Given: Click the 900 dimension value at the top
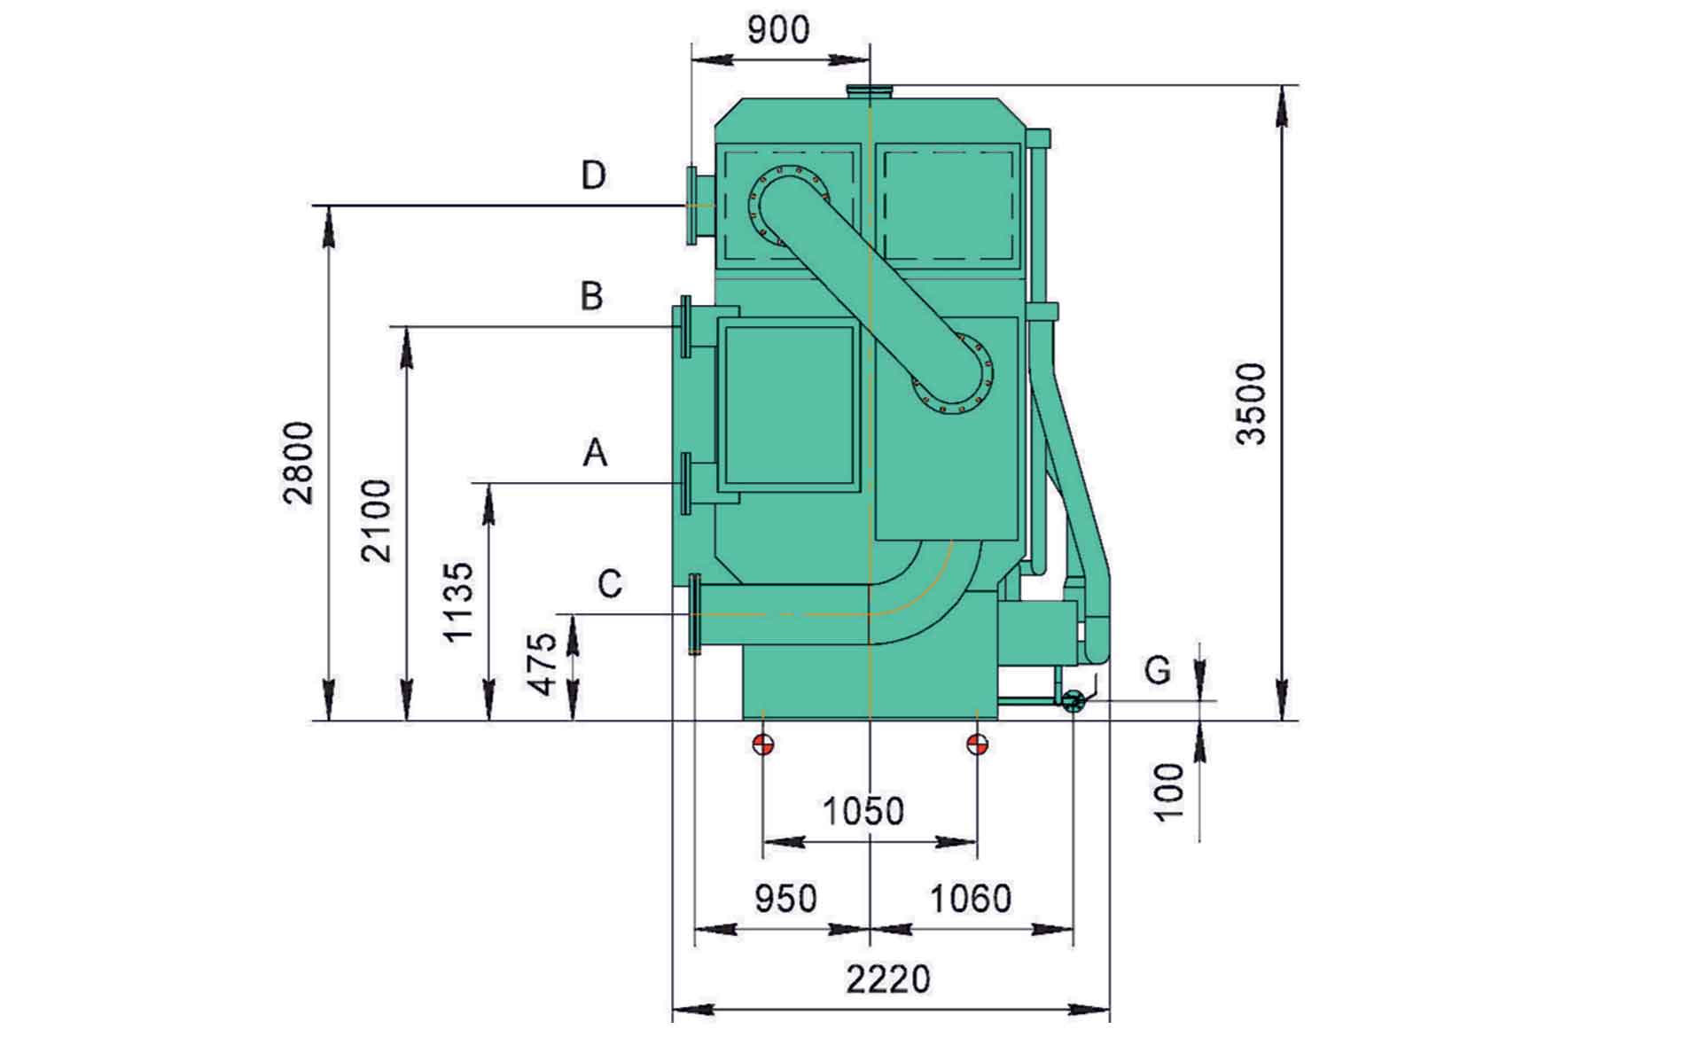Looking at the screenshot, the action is click(x=778, y=29).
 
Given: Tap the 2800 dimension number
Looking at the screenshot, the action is click(x=299, y=463).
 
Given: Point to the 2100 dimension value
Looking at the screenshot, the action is click(x=377, y=520).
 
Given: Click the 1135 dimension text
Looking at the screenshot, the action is click(x=458, y=602).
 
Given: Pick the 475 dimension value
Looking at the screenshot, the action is click(x=541, y=664).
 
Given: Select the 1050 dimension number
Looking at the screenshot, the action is click(x=863, y=811).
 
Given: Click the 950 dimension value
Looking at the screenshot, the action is click(x=785, y=899).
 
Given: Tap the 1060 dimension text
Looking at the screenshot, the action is click(x=970, y=899).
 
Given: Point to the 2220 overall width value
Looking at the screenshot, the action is click(x=888, y=980).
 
